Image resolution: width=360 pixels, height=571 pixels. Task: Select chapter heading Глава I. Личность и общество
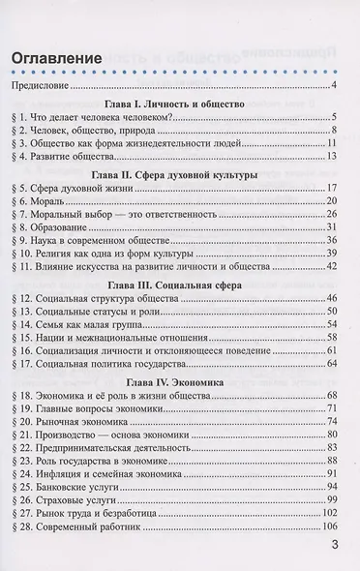[x=173, y=103]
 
